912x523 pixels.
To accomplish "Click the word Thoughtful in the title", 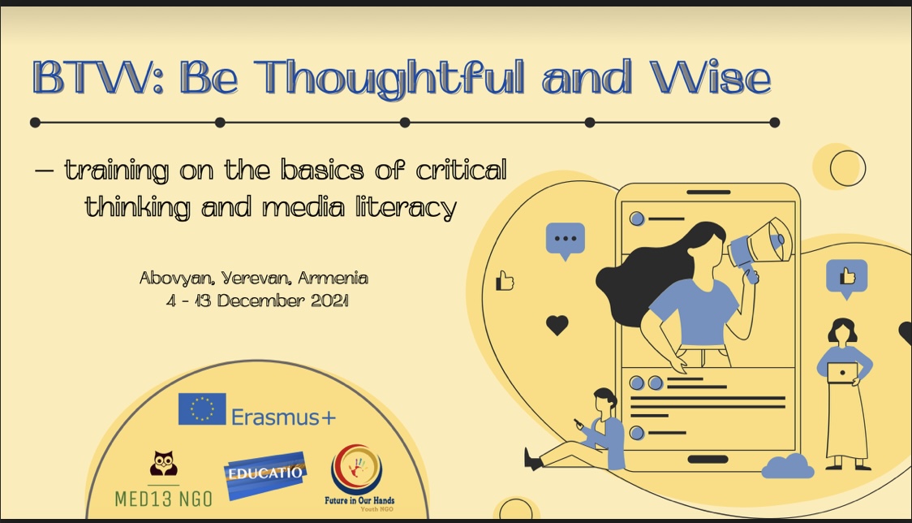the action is coord(389,78).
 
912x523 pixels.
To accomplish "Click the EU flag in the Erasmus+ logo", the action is coord(202,408).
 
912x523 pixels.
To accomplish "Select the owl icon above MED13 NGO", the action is coord(163,464).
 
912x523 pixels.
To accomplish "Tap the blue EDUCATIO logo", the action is coord(265,474).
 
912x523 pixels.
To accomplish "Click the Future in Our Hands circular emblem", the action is coord(357,469).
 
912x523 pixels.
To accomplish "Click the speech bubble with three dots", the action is coord(566,240).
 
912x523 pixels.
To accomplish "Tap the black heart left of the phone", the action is coord(557,325).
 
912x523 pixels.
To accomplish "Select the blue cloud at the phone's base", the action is coord(788,466).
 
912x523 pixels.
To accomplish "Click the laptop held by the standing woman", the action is coord(842,373).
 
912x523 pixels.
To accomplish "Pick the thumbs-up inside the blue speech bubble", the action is coord(847,275).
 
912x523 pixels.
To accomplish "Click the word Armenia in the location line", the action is coord(333,279).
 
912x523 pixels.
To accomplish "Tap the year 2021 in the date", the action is coord(329,300).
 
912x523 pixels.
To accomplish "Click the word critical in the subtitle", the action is coord(461,170).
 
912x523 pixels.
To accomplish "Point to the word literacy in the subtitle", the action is coord(406,208).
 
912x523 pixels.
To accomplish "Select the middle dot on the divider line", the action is coord(405,123).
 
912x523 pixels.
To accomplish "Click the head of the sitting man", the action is coord(605,400).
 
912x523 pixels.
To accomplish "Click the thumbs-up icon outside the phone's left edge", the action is coord(504,280).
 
